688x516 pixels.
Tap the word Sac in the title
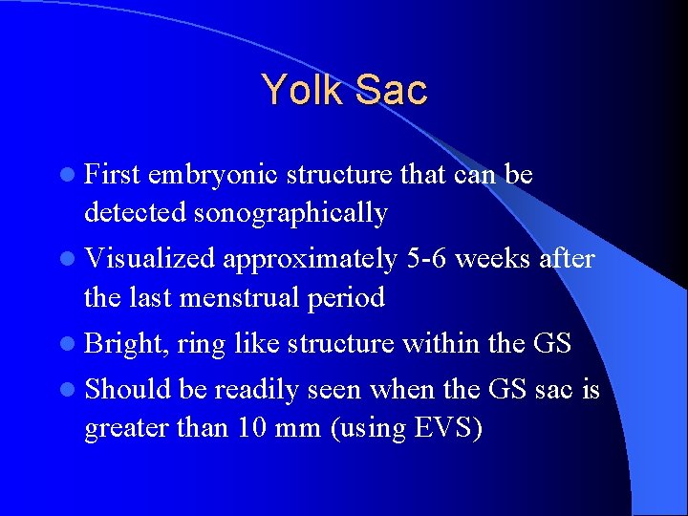[x=391, y=90]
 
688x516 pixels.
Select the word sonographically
[x=290, y=214]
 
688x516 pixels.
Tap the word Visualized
[x=152, y=260]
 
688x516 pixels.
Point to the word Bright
[x=124, y=344]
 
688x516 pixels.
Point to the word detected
[x=134, y=214]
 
